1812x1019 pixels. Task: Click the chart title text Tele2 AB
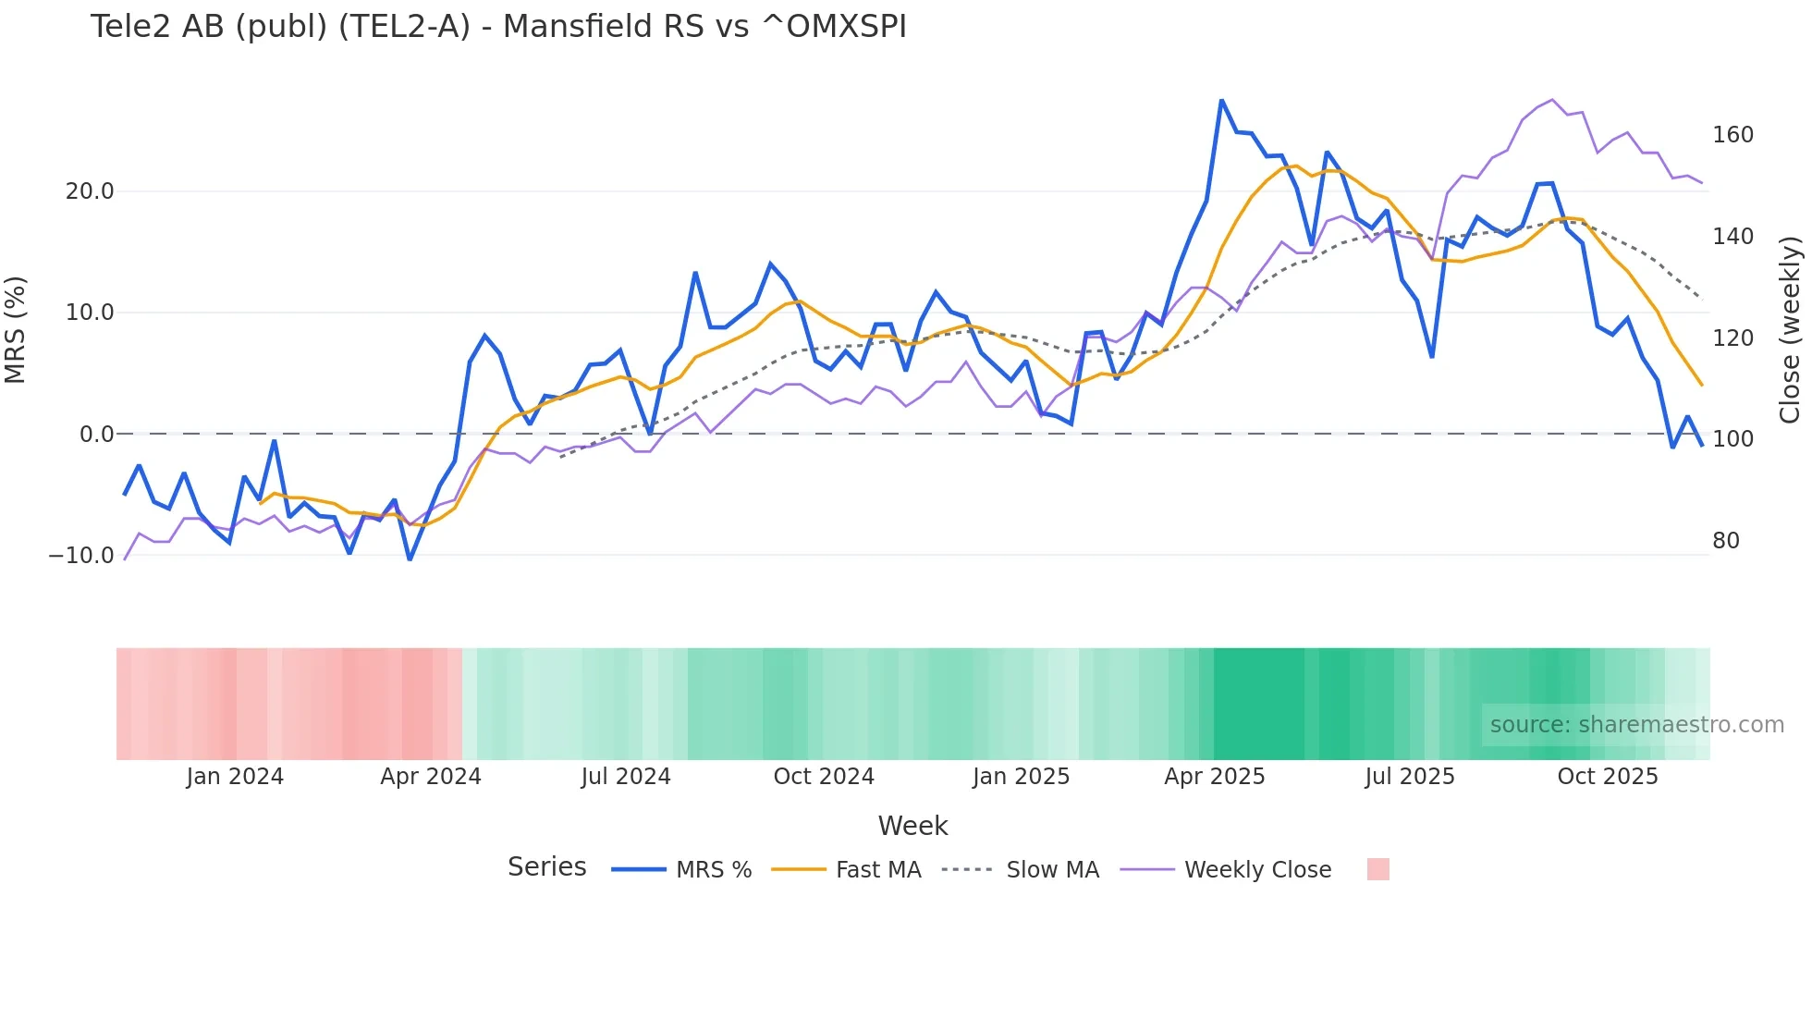tap(497, 27)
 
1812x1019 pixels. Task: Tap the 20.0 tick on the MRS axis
tap(89, 191)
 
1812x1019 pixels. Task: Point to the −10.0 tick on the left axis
tap(81, 556)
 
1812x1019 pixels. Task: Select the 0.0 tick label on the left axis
tap(96, 435)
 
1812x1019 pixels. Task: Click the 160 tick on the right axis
tap(1732, 135)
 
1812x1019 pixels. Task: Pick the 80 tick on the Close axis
tap(1725, 541)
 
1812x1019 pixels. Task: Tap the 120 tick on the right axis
tap(1732, 338)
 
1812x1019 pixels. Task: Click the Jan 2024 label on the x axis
tap(235, 777)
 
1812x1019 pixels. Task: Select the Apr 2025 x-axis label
tap(1214, 777)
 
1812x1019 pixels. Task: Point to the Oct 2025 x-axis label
tap(1608, 777)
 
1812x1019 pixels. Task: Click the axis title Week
tap(912, 826)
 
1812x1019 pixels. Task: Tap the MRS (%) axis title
tap(16, 330)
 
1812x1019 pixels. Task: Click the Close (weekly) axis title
tap(1790, 330)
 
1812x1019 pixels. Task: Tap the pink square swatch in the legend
tap(1377, 869)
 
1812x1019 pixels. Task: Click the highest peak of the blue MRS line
tap(1221, 100)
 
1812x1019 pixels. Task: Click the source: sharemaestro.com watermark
tap(1636, 725)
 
